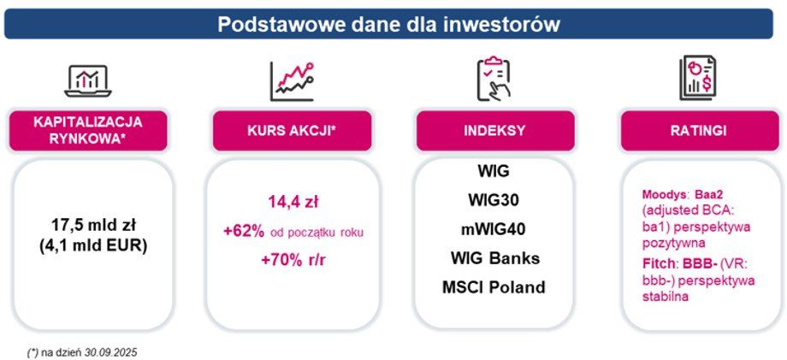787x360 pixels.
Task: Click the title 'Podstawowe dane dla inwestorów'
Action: click(388, 25)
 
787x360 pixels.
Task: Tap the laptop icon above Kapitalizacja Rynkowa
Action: click(88, 80)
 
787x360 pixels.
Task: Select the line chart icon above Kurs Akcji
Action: click(293, 81)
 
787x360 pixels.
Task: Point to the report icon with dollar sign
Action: click(698, 78)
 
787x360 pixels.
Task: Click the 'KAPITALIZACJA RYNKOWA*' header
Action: click(88, 130)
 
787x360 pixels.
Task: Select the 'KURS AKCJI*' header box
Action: click(292, 130)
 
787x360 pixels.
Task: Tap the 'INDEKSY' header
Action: click(495, 130)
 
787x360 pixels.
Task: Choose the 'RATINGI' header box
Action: click(698, 130)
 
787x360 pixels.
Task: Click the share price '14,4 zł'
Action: click(293, 203)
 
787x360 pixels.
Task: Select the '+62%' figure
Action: click(245, 232)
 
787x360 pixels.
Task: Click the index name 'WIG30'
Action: click(494, 201)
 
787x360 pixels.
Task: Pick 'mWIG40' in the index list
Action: click(494, 230)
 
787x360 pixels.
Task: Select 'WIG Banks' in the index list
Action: click(495, 259)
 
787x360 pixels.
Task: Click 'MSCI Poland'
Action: click(494, 288)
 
